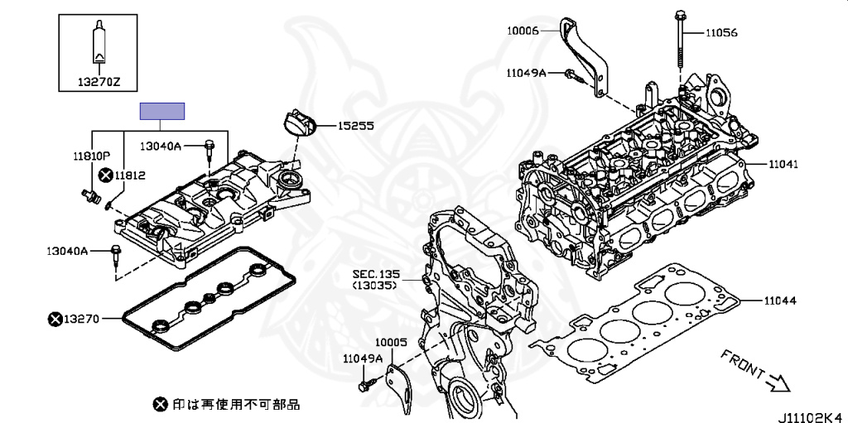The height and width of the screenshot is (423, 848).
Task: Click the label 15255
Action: [x=355, y=127]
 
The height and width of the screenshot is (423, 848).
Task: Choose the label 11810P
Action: [x=90, y=155]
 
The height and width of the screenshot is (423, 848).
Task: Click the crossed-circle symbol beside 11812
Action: [x=105, y=175]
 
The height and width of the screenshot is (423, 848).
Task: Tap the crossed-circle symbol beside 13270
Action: [x=55, y=318]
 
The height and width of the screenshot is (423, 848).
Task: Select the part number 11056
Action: [x=720, y=33]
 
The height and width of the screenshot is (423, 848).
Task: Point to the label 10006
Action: [x=523, y=31]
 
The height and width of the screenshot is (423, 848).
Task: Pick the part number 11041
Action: [x=782, y=165]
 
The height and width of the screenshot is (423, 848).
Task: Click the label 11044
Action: [x=780, y=300]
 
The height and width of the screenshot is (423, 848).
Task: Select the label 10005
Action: [x=392, y=341]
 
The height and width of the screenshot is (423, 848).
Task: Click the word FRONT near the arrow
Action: [x=741, y=364]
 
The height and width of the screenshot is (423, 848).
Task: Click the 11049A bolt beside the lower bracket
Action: [x=364, y=385]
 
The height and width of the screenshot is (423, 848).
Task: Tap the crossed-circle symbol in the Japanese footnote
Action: [x=160, y=404]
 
